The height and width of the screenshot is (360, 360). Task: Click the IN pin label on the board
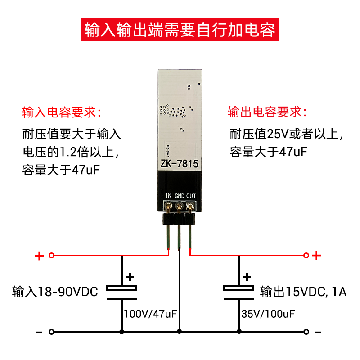pos(169,195)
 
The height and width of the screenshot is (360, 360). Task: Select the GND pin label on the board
pos(179,195)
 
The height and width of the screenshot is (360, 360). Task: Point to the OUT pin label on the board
pos(191,195)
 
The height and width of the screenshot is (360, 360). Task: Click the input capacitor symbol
pos(121,292)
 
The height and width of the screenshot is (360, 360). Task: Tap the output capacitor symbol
pos(238,292)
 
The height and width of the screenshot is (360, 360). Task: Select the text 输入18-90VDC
pos(55,292)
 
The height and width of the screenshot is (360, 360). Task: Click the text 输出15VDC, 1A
pos(303,292)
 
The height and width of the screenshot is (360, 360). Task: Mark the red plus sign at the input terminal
pos(39,256)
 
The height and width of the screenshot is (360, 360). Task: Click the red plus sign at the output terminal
pos(316,256)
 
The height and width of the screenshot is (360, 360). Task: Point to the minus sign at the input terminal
pos(39,332)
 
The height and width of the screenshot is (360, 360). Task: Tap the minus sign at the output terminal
pos(318,332)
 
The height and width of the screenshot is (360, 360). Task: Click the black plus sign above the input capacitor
pos(130,277)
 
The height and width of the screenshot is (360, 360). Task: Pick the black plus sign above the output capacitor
pos(247,277)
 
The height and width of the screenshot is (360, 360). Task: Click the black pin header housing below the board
pos(179,219)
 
